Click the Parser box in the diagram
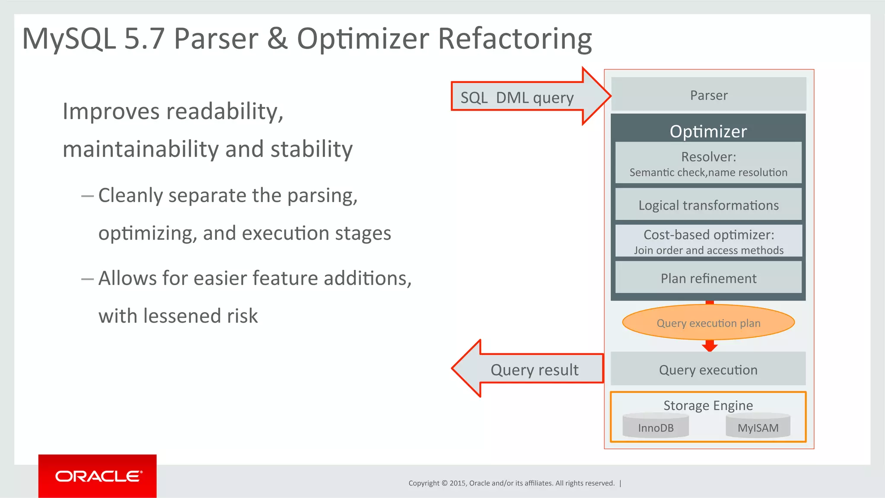point(708,95)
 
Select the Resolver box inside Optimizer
point(708,163)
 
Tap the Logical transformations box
point(708,205)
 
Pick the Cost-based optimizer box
point(708,241)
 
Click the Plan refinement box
point(708,278)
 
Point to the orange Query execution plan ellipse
point(708,323)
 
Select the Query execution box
point(708,369)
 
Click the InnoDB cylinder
point(656,427)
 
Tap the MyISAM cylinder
point(758,427)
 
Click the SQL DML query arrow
point(519,97)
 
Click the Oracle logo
point(98,476)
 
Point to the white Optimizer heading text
point(708,131)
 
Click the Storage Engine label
point(708,405)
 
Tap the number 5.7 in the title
point(144,39)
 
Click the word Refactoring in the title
point(514,39)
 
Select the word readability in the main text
point(225,111)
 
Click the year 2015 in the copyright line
point(457,483)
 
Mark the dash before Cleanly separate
point(87,196)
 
